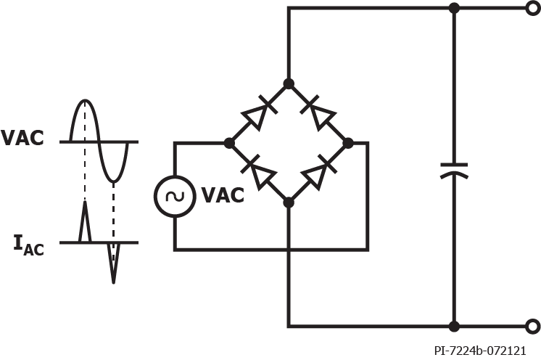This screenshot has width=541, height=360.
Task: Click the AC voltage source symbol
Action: pos(175,195)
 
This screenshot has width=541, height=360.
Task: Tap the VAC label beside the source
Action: pos(223,195)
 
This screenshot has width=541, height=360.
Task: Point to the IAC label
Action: pos(28,245)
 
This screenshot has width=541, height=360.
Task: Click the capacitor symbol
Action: pos(454,171)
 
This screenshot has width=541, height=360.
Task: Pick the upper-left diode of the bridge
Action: pos(259,113)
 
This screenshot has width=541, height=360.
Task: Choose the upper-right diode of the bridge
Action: pos(318,113)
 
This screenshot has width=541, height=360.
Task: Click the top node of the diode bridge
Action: pos(289,84)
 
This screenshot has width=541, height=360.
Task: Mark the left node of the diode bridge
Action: pos(229,143)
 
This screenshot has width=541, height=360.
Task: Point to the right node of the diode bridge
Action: pos(347,143)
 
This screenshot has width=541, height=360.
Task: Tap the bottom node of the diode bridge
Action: pos(289,202)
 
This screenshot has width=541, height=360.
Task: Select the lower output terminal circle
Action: pos(533,326)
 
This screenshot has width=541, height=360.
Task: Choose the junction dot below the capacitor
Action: pos(454,326)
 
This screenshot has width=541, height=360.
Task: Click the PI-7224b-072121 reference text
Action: pos(480,351)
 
